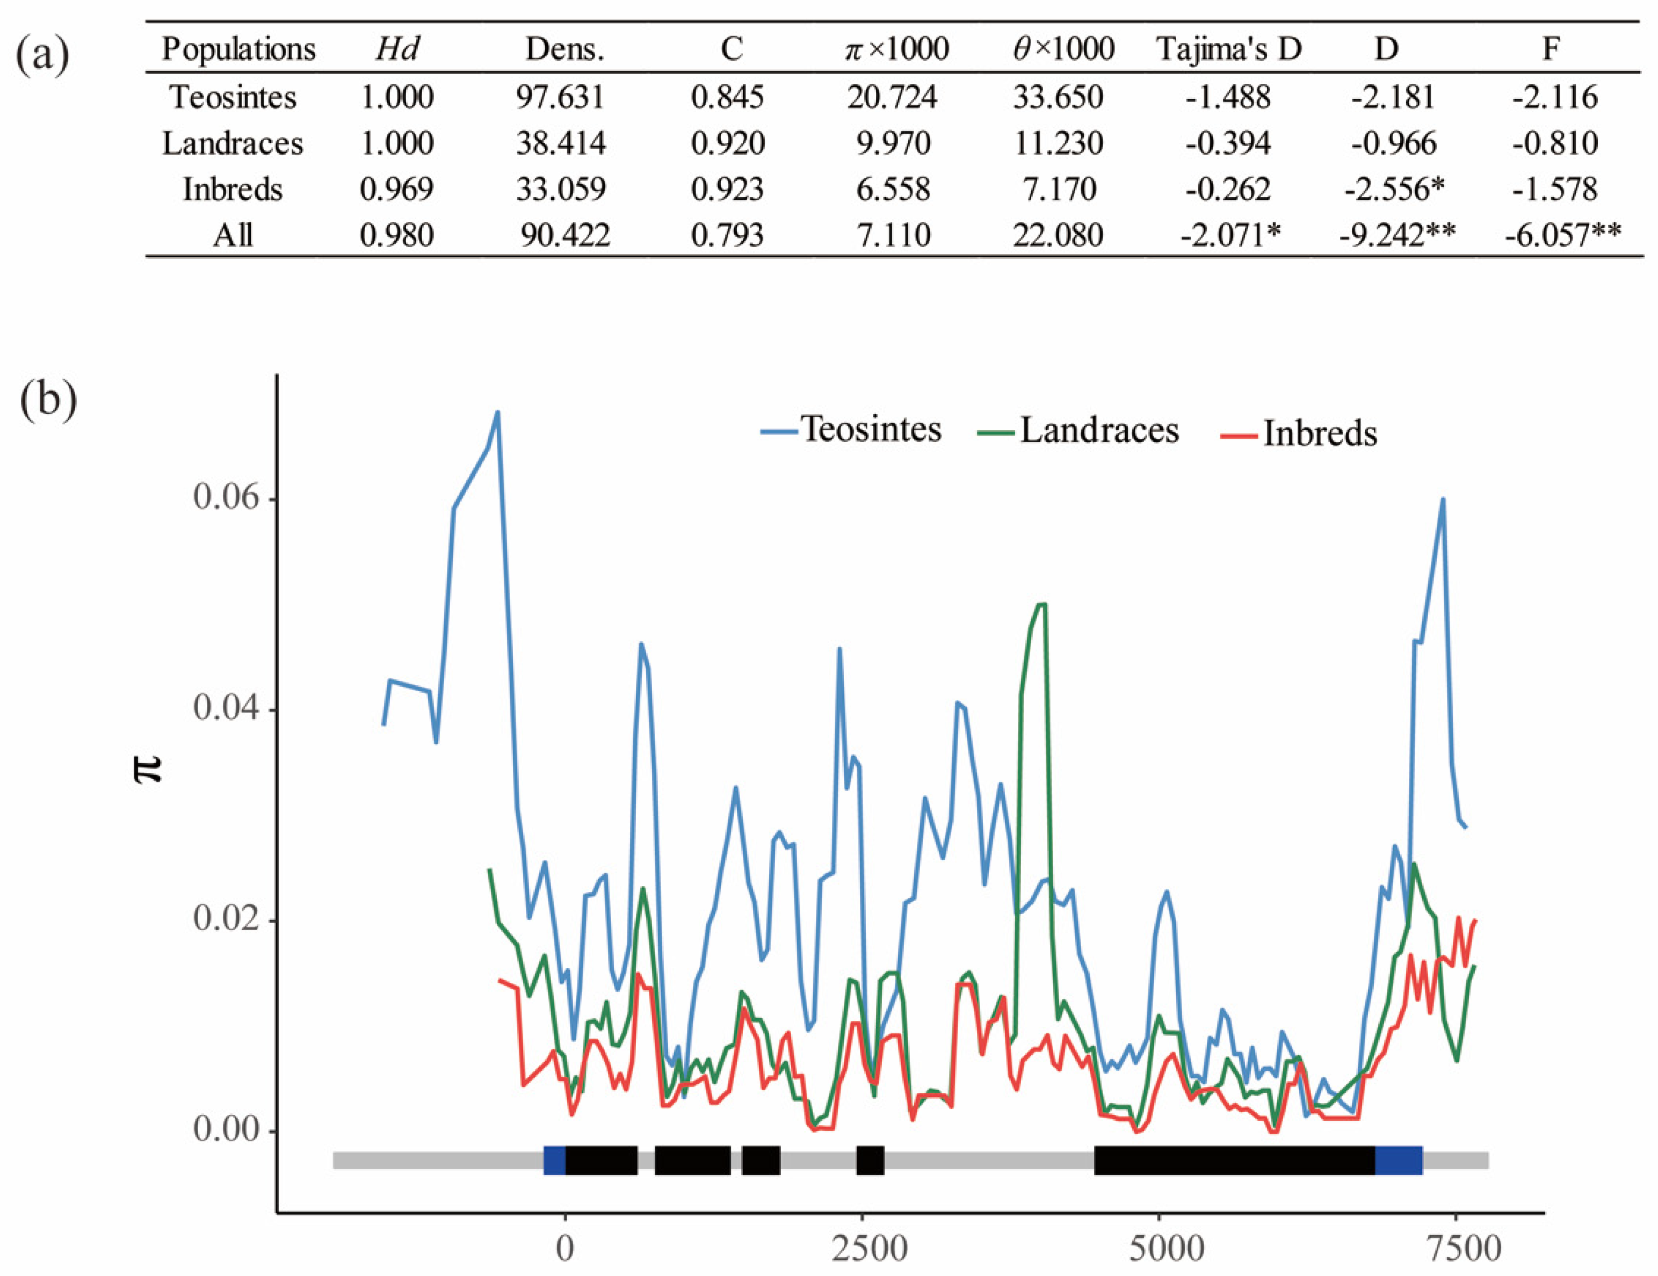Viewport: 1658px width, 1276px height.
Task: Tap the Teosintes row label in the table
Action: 233,97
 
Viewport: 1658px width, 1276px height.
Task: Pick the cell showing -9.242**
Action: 1397,235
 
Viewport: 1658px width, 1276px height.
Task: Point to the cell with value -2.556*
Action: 1394,189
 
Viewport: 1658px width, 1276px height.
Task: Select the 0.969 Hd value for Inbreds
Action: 396,189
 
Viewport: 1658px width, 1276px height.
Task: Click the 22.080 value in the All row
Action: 1058,235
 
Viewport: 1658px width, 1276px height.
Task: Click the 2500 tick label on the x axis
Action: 869,1249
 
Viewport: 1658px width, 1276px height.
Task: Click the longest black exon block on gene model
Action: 1234,1161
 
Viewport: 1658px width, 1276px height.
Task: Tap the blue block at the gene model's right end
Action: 1399,1161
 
